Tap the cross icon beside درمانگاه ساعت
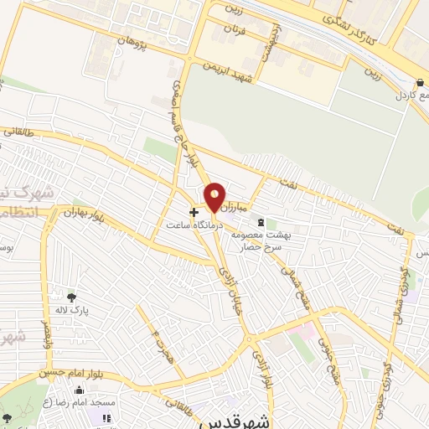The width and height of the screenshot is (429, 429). [194, 213]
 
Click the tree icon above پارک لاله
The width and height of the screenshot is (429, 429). [71, 297]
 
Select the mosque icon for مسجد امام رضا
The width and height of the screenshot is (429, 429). [79, 390]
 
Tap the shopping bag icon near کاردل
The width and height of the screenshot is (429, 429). [419, 83]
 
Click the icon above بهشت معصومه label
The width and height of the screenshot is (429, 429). [260, 222]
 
